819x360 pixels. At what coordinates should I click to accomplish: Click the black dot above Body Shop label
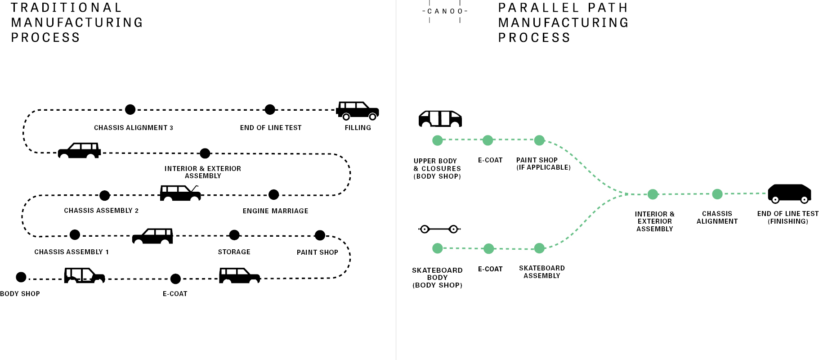point(21,277)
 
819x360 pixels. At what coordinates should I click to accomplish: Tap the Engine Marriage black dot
point(273,195)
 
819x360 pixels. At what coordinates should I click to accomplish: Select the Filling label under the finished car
point(358,128)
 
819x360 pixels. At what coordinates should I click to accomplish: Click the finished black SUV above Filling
point(358,111)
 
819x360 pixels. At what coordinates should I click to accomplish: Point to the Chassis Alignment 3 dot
point(130,109)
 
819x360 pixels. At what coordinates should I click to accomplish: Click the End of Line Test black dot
point(270,109)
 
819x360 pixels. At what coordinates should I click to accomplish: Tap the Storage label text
point(234,252)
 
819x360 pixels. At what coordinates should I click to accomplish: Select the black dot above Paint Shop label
point(320,235)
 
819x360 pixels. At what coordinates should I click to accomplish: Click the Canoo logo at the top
point(445,11)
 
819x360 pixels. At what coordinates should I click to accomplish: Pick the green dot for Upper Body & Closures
point(437,140)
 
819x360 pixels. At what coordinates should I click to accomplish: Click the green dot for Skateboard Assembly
point(539,248)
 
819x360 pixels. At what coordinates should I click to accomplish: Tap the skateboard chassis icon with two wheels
point(439,229)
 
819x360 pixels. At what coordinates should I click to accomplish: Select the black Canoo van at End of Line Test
point(789,193)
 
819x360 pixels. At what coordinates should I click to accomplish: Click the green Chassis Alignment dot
point(717,194)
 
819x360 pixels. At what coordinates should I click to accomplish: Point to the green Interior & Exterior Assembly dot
point(653,194)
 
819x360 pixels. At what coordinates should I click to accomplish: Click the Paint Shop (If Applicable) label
point(543,164)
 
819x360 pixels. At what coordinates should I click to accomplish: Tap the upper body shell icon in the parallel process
point(440,119)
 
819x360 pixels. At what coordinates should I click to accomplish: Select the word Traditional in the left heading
point(67,8)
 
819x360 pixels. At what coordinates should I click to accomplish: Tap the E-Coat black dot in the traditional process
point(176,279)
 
